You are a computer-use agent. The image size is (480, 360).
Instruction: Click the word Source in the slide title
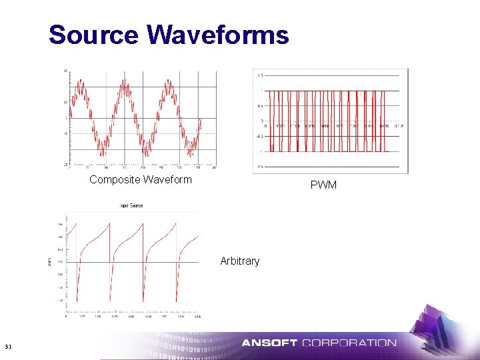tap(93, 35)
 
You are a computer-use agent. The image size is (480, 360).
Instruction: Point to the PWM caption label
tap(323, 185)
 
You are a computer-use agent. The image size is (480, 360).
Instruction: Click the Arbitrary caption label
tap(239, 261)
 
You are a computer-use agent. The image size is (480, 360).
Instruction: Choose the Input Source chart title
tap(131, 206)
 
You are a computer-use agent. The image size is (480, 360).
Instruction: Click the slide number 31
tap(8, 346)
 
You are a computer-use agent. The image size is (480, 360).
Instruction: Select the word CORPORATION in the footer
tap(349, 343)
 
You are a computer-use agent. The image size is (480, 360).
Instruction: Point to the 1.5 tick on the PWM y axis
tap(260, 75)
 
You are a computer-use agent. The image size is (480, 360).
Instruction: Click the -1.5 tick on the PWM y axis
tap(259, 167)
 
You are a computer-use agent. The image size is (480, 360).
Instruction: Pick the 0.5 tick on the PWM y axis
tap(260, 106)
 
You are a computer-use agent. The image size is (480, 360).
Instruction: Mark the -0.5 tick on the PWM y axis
tap(259, 136)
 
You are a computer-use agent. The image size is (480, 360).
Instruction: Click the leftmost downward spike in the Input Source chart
tap(77, 300)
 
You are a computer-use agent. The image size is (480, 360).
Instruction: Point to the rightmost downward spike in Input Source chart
tap(177, 300)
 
